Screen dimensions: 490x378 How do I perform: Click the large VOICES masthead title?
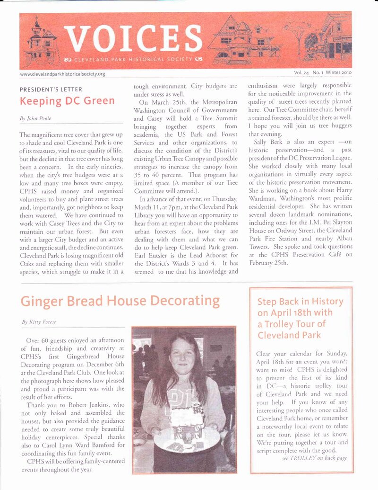click(133, 37)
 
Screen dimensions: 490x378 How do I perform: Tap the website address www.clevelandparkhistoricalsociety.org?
click(62, 74)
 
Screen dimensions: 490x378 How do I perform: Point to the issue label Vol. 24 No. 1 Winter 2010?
click(326, 73)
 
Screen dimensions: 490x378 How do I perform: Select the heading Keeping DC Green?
click(67, 101)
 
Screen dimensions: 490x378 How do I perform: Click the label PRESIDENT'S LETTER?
click(51, 89)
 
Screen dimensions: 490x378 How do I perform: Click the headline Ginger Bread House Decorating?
click(120, 301)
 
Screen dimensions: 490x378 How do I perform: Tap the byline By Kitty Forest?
click(39, 322)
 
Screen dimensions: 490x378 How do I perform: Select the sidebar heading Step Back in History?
click(301, 302)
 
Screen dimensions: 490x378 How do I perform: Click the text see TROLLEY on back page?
click(314, 459)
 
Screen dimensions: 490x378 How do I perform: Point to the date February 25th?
click(267, 263)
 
